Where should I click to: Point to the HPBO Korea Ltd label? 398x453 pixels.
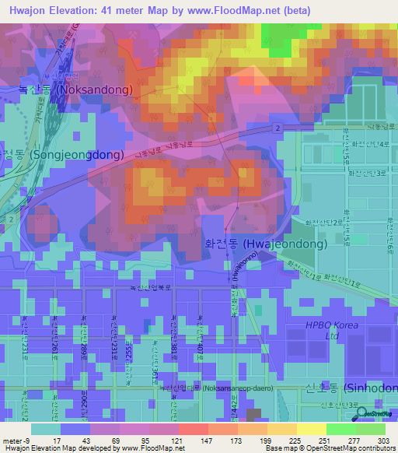(x=333, y=330)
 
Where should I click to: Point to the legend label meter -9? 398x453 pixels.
(x=16, y=440)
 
